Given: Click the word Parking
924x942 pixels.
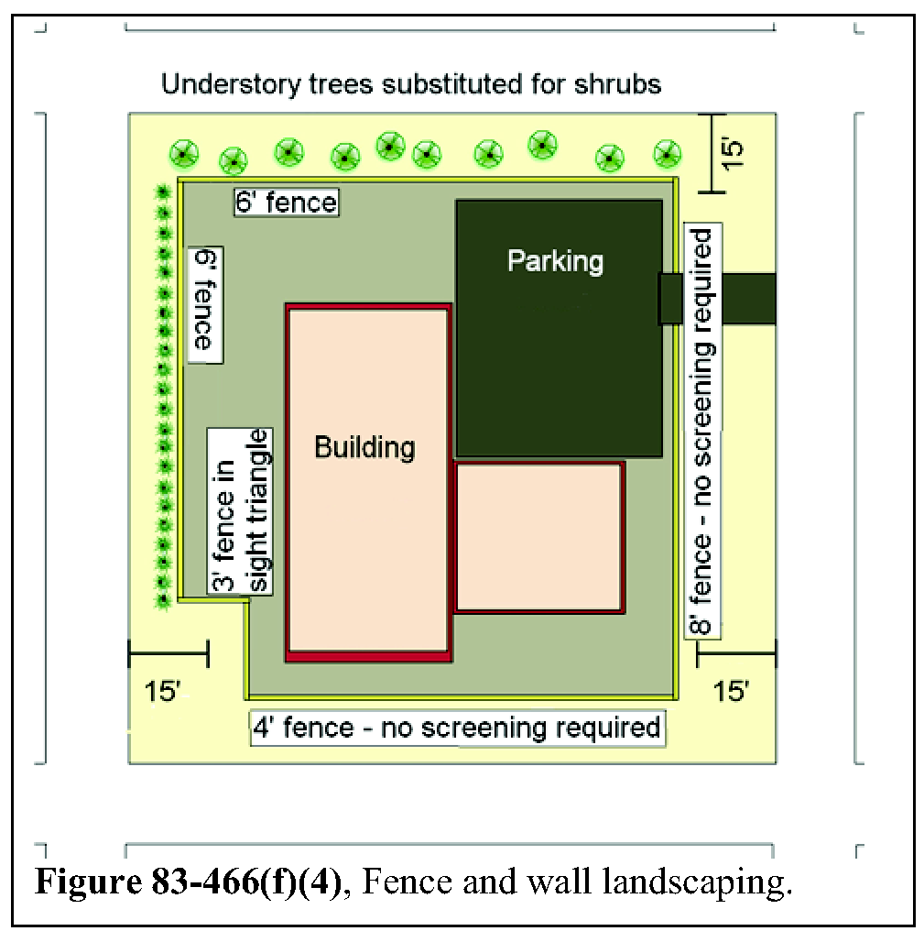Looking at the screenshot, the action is point(555,262).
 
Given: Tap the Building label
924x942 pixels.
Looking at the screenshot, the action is point(364,447).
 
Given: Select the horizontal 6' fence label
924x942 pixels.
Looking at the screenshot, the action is point(287,202).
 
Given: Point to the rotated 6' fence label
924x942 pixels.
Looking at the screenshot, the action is point(205,304).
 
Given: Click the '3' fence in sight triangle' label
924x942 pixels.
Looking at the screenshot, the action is point(240,511).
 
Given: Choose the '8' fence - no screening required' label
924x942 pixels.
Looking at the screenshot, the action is point(703,431).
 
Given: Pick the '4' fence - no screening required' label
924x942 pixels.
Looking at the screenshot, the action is point(458,728).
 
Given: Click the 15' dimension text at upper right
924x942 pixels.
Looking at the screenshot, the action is point(732,154).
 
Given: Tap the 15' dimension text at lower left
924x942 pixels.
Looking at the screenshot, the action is point(162,692).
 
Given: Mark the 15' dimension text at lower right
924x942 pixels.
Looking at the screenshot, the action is point(732,692).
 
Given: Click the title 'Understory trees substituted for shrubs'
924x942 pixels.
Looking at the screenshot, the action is point(411,84).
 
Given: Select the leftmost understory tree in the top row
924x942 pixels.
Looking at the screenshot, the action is point(184,154).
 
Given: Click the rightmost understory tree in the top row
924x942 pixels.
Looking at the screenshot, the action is point(667,154).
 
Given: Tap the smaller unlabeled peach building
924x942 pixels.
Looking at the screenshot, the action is point(539,537).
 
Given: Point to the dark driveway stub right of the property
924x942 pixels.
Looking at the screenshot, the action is point(749,299).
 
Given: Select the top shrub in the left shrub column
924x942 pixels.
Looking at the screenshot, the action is point(163,192).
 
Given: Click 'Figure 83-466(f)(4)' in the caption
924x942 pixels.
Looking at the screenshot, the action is point(189,882).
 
